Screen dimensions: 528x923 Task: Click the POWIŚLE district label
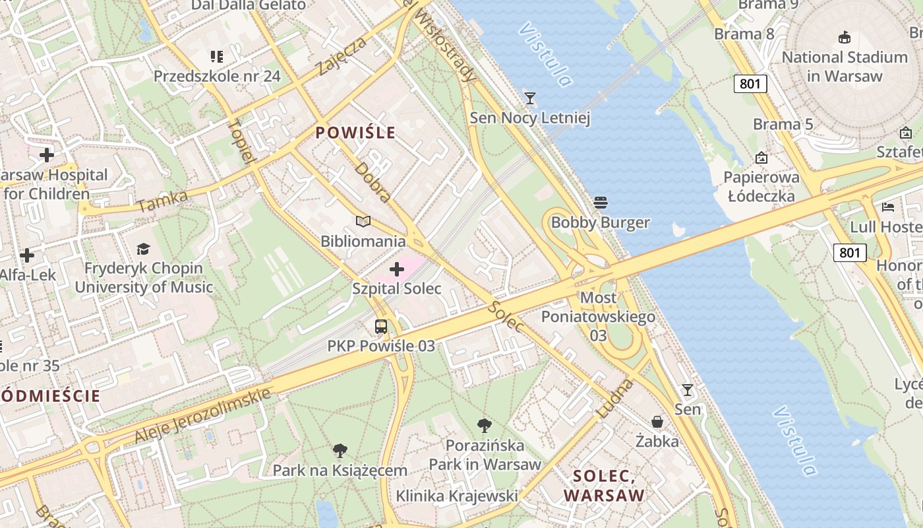coord(355,133)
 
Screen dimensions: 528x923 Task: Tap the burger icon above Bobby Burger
coord(600,202)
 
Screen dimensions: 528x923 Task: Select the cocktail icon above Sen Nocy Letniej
coord(529,98)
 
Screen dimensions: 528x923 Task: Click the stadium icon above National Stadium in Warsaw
coord(844,37)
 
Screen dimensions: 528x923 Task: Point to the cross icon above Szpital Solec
coord(397,269)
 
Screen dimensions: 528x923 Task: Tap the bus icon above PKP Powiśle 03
coord(381,326)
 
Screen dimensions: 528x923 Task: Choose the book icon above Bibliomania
coord(363,221)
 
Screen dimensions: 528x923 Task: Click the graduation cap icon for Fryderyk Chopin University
coord(143,249)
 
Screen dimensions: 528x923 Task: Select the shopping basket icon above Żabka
coord(657,421)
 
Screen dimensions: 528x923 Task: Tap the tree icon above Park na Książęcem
coord(340,451)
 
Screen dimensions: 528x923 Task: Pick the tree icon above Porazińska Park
coord(485,426)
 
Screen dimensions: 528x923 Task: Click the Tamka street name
coord(163,201)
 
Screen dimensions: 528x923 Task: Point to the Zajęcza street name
coord(341,56)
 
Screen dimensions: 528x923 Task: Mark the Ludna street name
coord(614,398)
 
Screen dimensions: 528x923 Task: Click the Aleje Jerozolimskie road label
coord(203,416)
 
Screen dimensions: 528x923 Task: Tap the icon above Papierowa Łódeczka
coord(761,158)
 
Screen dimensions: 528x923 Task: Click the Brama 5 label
coord(783,124)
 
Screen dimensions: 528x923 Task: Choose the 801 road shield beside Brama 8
coord(750,83)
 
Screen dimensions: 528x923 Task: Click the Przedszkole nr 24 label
coord(217,76)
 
